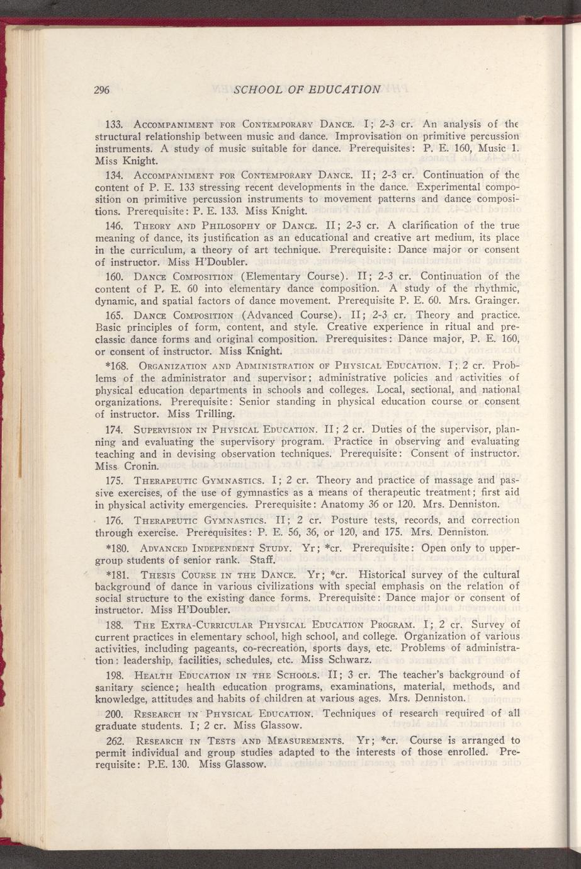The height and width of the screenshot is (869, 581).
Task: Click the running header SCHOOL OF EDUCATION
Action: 307,89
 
